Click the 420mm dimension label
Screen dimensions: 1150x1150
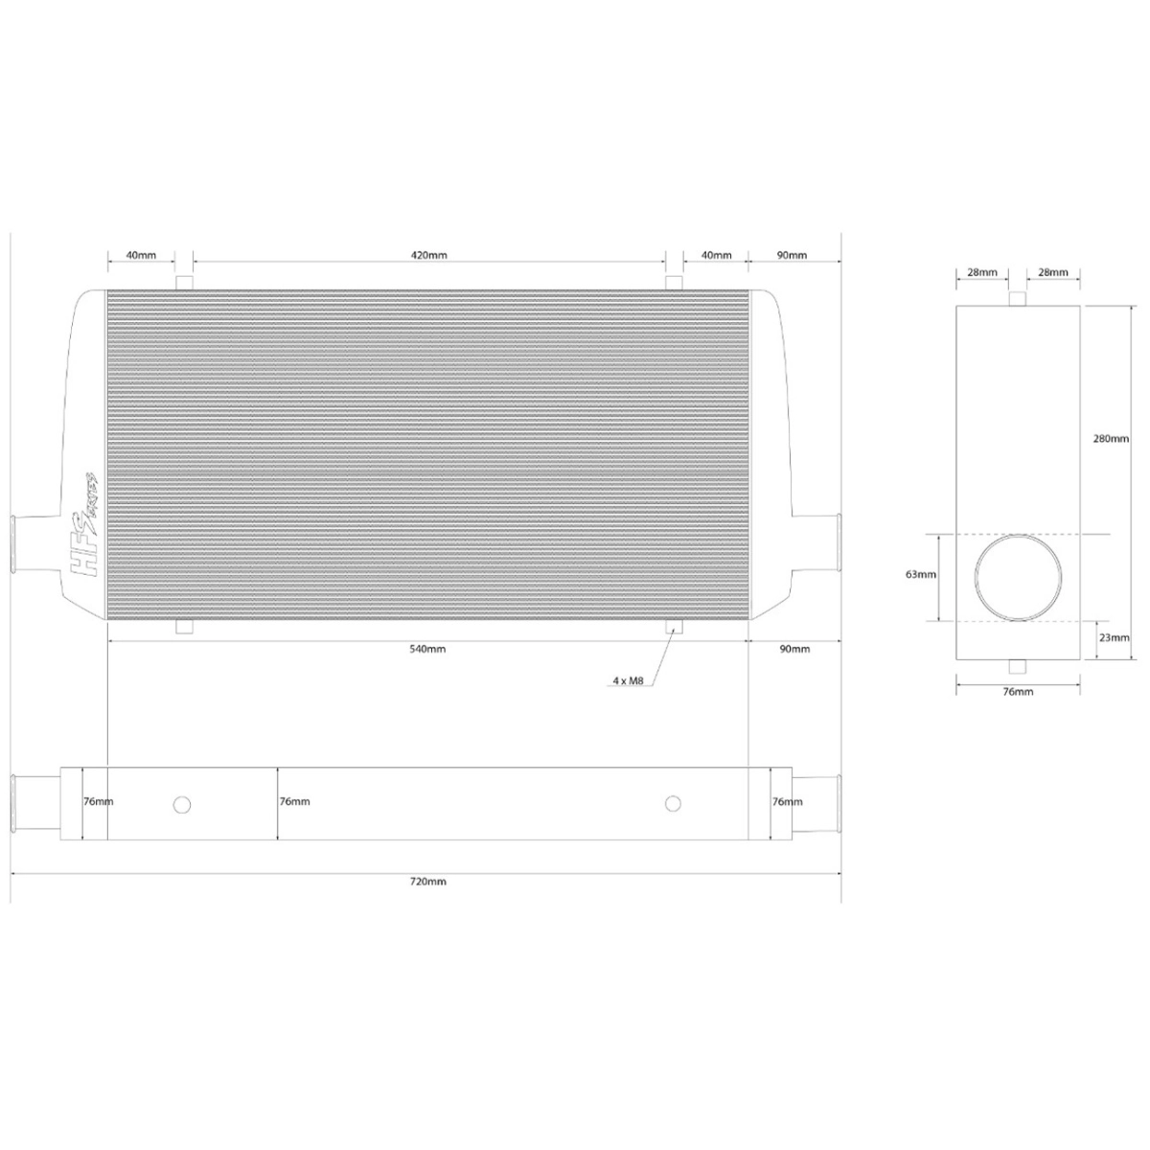[428, 256]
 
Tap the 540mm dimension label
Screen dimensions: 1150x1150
[428, 649]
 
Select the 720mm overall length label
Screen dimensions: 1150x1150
[428, 881]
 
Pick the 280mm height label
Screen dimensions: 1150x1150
[1111, 439]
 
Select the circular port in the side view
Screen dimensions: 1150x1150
[1019, 578]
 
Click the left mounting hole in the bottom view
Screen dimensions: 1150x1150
[181, 804]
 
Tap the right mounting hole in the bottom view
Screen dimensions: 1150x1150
[673, 802]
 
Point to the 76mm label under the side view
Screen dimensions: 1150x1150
[1017, 691]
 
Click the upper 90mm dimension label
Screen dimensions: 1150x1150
[792, 256]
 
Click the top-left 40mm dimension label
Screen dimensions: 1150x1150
[140, 256]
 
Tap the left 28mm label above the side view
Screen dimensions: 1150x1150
[981, 273]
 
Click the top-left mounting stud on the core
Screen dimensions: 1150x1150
[185, 283]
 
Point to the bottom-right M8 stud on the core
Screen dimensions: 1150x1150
[675, 628]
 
